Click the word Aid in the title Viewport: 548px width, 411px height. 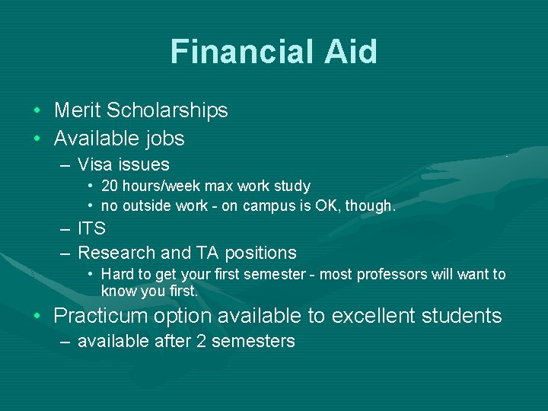pyautogui.click(x=352, y=52)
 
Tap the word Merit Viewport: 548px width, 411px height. pyautogui.click(x=78, y=110)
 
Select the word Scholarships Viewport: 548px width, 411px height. pyautogui.click(x=167, y=110)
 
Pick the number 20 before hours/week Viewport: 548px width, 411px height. pyautogui.click(x=110, y=186)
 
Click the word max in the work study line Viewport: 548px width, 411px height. pyautogui.click(x=218, y=186)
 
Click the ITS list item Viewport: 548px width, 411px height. pyautogui.click(x=91, y=228)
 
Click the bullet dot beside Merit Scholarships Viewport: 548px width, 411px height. pyautogui.click(x=37, y=111)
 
